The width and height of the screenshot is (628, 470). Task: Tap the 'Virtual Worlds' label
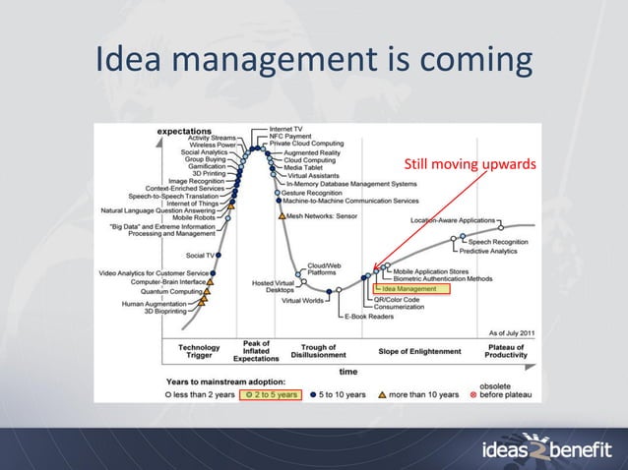(302, 301)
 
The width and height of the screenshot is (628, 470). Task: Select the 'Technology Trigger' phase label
(199, 352)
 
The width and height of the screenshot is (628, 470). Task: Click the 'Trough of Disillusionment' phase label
(319, 352)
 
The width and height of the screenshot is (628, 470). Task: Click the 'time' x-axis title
(348, 372)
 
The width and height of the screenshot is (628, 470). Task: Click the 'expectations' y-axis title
(186, 131)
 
